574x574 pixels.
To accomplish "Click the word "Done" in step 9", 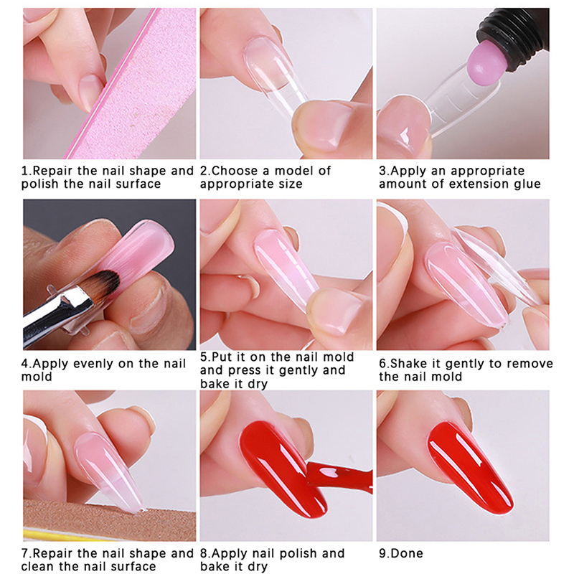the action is click(x=406, y=553).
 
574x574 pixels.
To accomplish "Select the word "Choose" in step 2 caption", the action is click(x=235, y=171).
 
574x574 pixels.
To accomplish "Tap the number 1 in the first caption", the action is click(x=24, y=171).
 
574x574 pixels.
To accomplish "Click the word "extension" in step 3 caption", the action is click(x=479, y=184).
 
